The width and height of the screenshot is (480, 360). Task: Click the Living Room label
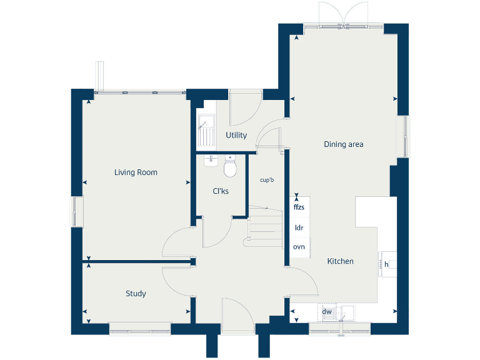pos(136,172)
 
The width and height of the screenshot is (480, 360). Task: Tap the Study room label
pos(136,293)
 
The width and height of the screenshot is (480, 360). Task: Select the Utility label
pos(236,135)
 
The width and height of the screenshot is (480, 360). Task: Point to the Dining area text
pos(343,144)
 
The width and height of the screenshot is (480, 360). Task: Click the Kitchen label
pos(340,261)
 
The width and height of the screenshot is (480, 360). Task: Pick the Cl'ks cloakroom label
pos(220,191)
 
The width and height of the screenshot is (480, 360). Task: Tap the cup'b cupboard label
pos(267,180)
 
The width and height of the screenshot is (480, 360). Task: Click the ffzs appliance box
pos(299,206)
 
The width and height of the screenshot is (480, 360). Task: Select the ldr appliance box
pos(299,227)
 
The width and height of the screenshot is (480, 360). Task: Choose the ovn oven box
pos(299,247)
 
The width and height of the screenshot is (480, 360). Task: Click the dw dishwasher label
pos(326,311)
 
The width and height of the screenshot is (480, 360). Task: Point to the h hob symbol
pos(386,265)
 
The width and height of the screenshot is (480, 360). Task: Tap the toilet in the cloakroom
pos(230,167)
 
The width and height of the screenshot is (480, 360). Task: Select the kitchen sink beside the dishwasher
pos(347,311)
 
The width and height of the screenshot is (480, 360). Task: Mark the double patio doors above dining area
pos(341,15)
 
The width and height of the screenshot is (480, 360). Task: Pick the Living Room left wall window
pos(77,212)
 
